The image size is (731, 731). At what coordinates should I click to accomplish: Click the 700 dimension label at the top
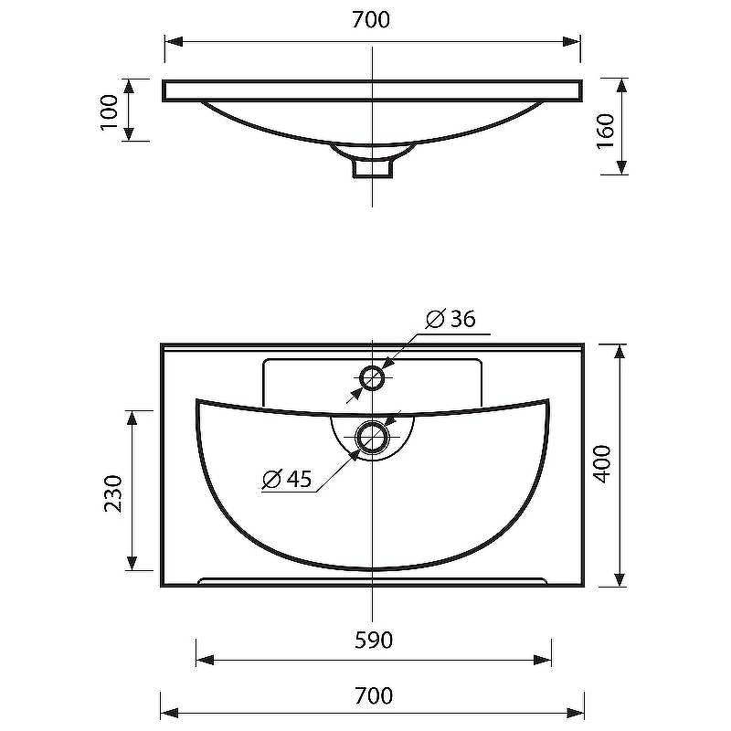(371, 19)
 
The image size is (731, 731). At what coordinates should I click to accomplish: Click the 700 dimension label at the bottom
(374, 695)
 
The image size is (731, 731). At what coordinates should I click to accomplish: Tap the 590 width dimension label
(374, 641)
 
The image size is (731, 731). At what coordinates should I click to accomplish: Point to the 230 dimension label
(113, 493)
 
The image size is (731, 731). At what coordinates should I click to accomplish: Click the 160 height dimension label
(606, 131)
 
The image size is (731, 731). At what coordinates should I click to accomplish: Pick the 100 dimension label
(110, 112)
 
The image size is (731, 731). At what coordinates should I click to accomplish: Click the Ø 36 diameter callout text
(450, 318)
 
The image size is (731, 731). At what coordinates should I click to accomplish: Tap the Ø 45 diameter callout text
(288, 478)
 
